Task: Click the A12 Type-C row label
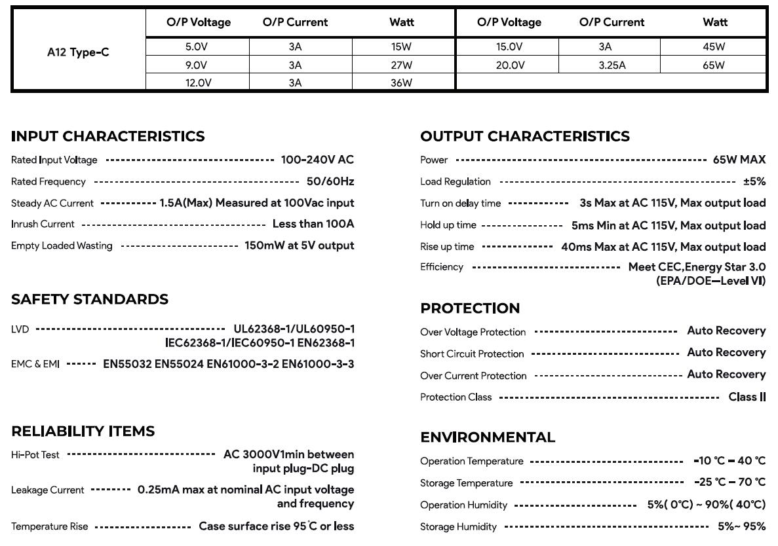[x=78, y=53]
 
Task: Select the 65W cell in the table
[x=714, y=65]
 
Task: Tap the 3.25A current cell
[x=612, y=65]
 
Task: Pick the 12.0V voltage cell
[x=196, y=83]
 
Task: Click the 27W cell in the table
[x=401, y=65]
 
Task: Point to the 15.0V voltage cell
[x=509, y=46]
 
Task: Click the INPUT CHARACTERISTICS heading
[x=108, y=136]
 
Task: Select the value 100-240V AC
[x=317, y=160]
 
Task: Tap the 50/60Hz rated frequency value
[x=330, y=181]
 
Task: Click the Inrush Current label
[x=43, y=224]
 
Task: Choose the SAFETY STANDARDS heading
[x=90, y=299]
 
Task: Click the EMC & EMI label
[x=35, y=364]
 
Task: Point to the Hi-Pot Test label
[x=35, y=454]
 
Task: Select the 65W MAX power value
[x=739, y=160]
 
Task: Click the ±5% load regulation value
[x=754, y=181]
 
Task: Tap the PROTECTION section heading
[x=470, y=308]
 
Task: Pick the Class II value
[x=747, y=397]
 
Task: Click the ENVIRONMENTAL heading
[x=488, y=437]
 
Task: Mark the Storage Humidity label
[x=458, y=526]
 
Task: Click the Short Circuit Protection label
[x=472, y=354]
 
